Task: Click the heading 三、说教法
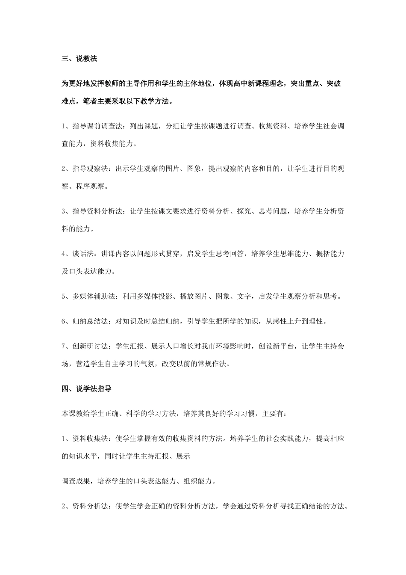coord(79,59)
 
